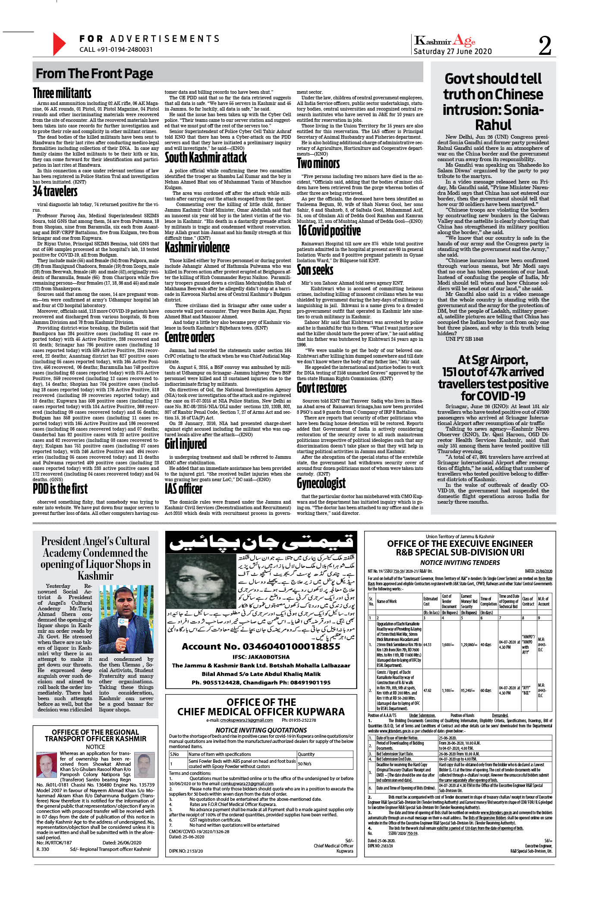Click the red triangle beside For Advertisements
tap(59, 44)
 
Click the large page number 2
tap(545, 45)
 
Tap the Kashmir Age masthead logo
tap(444, 41)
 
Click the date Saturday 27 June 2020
tap(453, 51)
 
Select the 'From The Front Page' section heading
tap(94, 73)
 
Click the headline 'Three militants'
tap(62, 93)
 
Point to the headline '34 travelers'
tap(55, 191)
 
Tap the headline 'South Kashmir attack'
tap(206, 157)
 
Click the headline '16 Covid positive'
tap(329, 231)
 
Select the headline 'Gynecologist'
tap(321, 483)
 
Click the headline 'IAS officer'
tap(183, 489)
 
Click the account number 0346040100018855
tap(261, 647)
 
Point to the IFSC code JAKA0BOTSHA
tap(261, 657)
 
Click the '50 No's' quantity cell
tap(305, 764)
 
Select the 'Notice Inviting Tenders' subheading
tap(460, 562)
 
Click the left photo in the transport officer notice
tap(47, 765)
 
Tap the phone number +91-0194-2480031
tap(116, 50)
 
